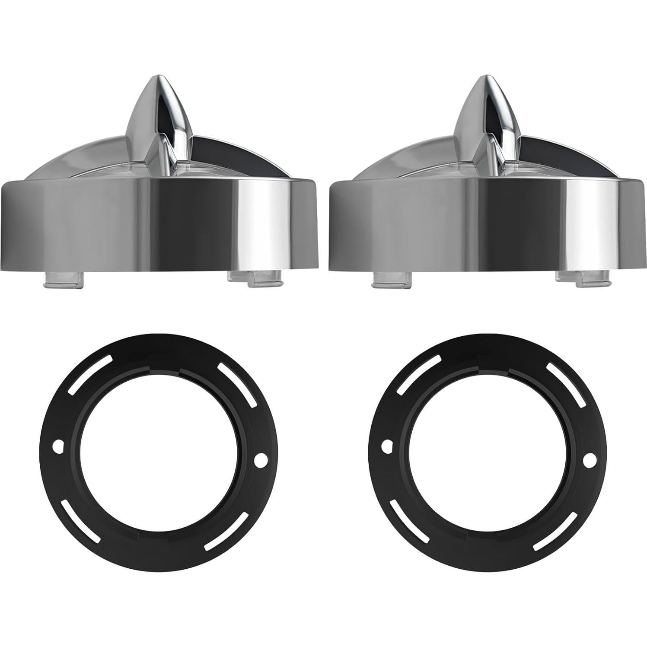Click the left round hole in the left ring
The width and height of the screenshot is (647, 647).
click(57, 444)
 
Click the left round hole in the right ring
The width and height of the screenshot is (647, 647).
click(386, 444)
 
